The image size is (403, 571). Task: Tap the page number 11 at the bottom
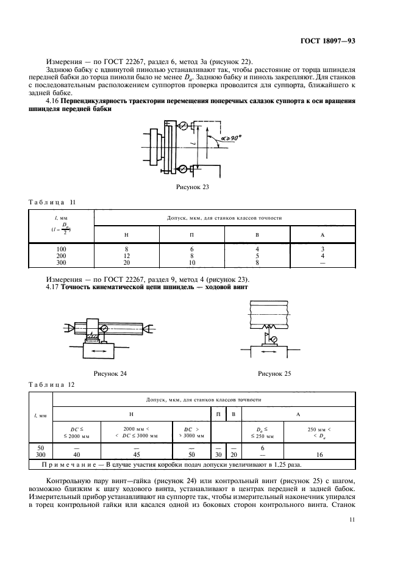[x=352, y=519]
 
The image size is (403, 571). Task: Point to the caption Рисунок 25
[x=276, y=372]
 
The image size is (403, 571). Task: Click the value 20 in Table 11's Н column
[x=126, y=263]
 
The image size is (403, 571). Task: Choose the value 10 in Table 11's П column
[x=192, y=263]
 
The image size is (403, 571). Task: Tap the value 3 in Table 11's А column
[x=323, y=250]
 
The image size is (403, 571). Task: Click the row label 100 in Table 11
[x=60, y=250]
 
